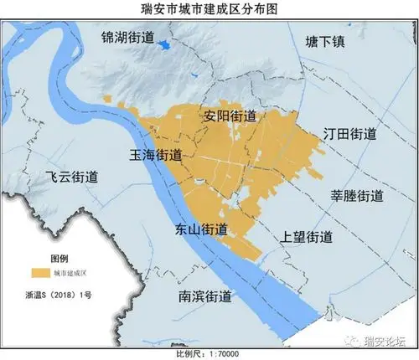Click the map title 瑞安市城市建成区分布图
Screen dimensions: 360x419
pos(209,8)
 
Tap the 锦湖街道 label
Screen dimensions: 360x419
pos(128,38)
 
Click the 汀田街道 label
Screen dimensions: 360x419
pos(349,134)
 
